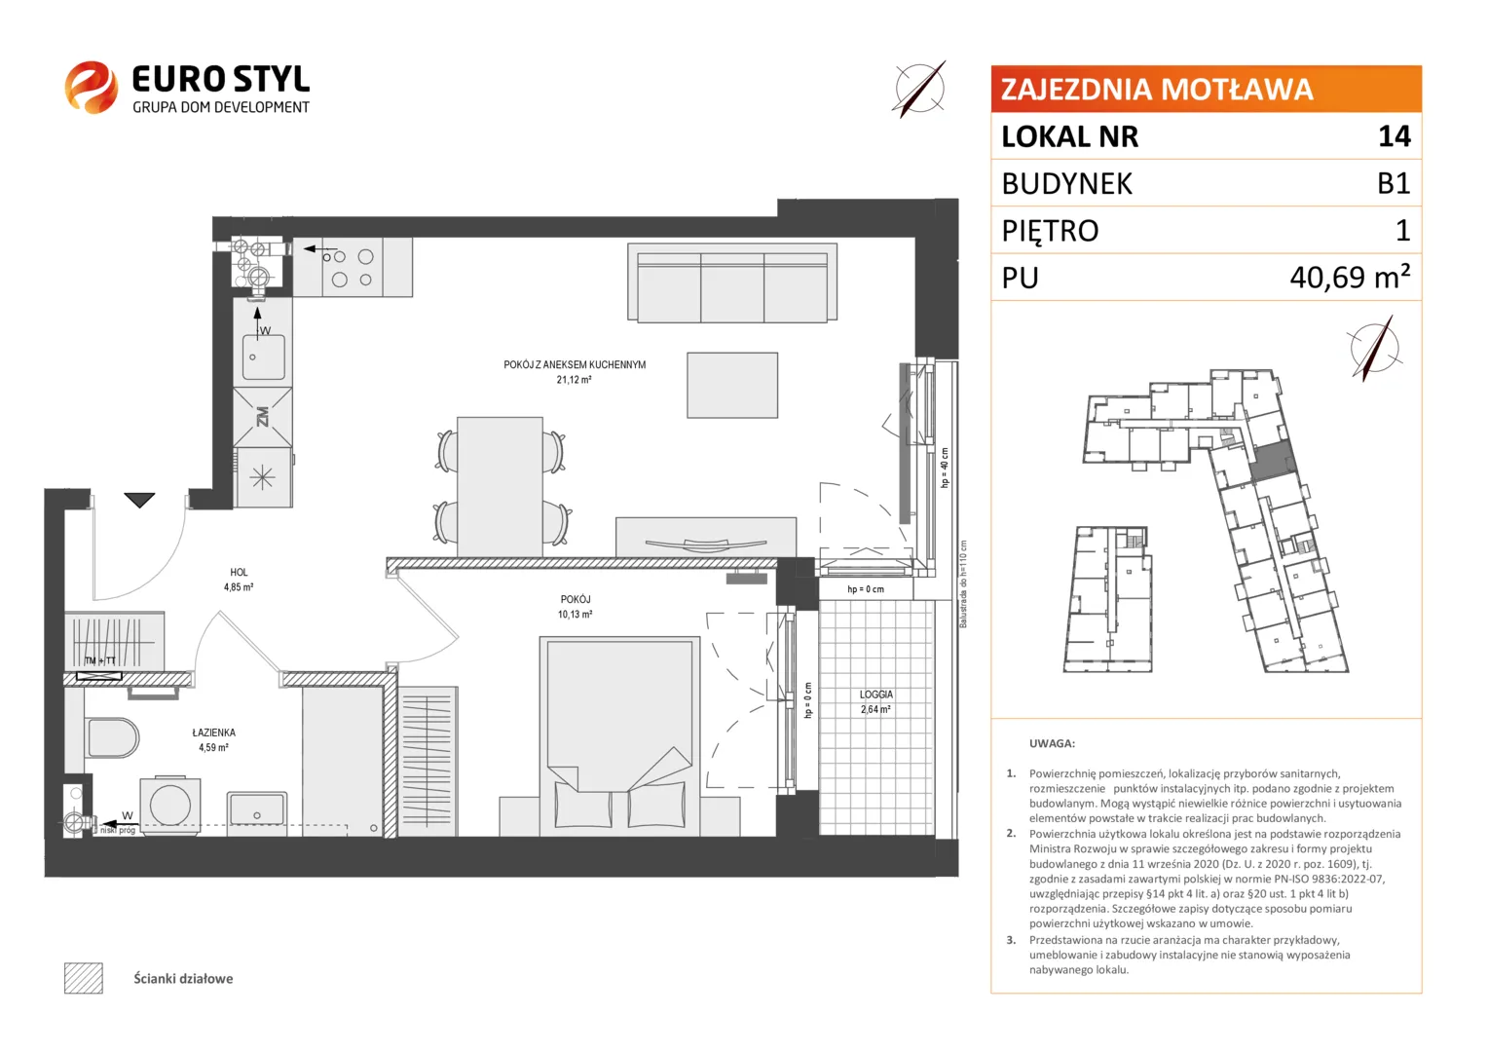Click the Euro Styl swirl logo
pyautogui.click(x=91, y=87)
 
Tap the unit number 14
pyautogui.click(x=1394, y=136)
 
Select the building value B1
pyautogui.click(x=1394, y=183)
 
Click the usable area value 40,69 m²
pyautogui.click(x=1350, y=277)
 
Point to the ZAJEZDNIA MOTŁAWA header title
pyautogui.click(x=1157, y=90)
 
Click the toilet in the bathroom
pyautogui.click(x=112, y=737)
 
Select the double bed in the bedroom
pyautogui.click(x=619, y=735)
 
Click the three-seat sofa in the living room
pyautogui.click(x=732, y=283)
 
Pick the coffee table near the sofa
pyautogui.click(x=732, y=386)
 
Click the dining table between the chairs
pyautogui.click(x=500, y=486)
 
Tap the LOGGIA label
pyautogui.click(x=876, y=695)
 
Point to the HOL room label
pyautogui.click(x=239, y=572)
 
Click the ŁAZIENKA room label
pyautogui.click(x=214, y=733)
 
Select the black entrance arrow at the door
pyautogui.click(x=139, y=500)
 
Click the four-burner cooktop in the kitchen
pyautogui.click(x=353, y=267)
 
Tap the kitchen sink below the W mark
pyautogui.click(x=264, y=357)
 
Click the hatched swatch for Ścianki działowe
pyautogui.click(x=84, y=978)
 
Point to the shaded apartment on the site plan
pyautogui.click(x=1273, y=460)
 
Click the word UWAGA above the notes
pyautogui.click(x=1053, y=743)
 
